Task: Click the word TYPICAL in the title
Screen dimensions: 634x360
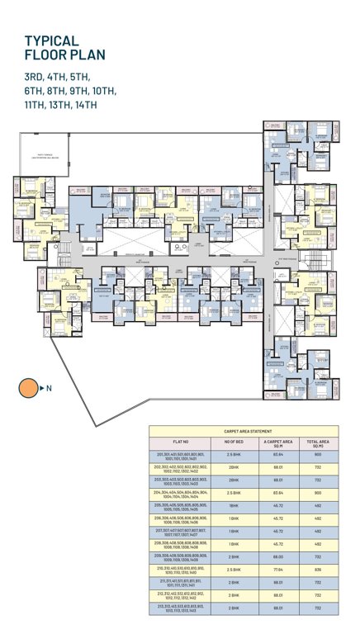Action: [51, 40]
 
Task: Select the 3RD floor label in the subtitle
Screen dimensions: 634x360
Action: [36, 76]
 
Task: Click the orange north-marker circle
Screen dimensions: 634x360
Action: [28, 387]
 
